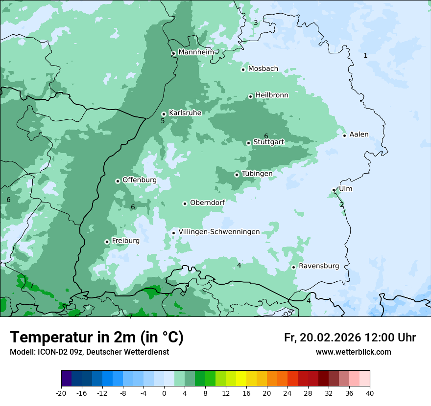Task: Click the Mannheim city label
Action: (x=196, y=52)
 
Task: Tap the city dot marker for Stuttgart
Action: (x=249, y=143)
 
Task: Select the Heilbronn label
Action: (x=272, y=95)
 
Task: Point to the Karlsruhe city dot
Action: (x=164, y=114)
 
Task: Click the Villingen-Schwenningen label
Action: (x=219, y=232)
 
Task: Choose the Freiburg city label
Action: (x=125, y=241)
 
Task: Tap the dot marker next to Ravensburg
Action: (x=294, y=267)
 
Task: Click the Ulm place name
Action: (x=345, y=189)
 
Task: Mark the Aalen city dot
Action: (x=345, y=135)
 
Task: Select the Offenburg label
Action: (x=140, y=180)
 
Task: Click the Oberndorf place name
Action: (x=207, y=203)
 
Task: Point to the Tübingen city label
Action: (x=257, y=174)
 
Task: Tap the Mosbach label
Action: (x=263, y=69)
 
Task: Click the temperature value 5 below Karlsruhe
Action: (x=163, y=121)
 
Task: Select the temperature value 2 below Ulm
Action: (x=342, y=204)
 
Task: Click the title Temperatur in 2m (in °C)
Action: (x=97, y=337)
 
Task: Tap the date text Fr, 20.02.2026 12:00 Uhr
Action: (x=350, y=338)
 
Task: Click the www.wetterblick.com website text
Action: (x=353, y=352)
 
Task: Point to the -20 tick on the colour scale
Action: (x=61, y=393)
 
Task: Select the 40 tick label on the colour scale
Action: (x=370, y=393)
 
